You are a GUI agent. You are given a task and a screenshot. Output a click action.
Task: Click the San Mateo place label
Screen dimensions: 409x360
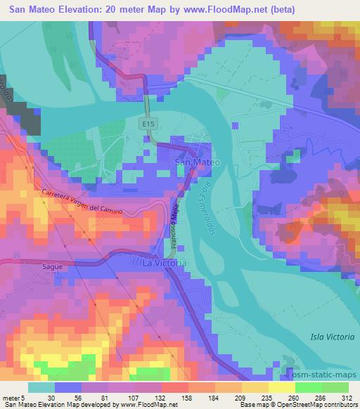pos(197,162)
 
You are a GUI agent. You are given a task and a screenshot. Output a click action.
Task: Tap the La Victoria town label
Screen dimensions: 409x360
pos(165,263)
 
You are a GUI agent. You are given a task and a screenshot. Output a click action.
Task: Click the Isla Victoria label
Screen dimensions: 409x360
pos(331,337)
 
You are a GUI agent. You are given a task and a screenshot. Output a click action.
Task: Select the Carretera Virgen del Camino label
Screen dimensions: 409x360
pos(91,202)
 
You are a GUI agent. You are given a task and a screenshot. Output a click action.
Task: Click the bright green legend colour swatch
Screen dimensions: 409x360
pos(309,387)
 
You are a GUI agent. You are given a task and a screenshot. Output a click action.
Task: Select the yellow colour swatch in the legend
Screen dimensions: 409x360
pos(281,387)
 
